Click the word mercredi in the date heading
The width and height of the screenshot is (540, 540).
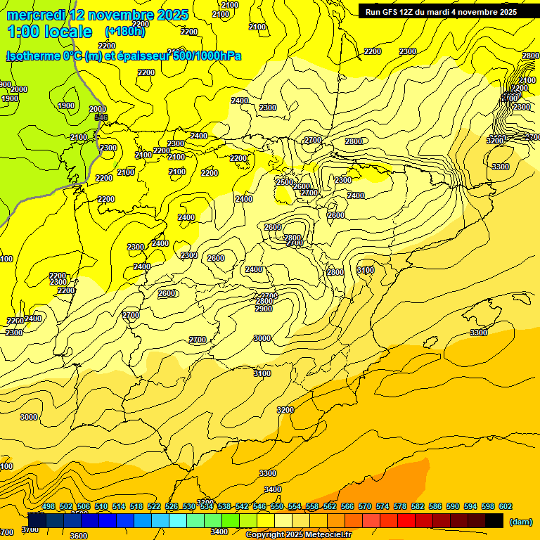coord(37,15)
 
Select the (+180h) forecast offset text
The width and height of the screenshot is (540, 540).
coord(125,32)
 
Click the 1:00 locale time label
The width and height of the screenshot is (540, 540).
coord(49,32)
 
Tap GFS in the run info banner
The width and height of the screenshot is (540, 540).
coord(392,11)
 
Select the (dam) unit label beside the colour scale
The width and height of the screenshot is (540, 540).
coord(520,521)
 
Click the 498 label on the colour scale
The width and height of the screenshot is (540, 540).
coord(49,506)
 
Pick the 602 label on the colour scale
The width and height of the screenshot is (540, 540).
coord(506,506)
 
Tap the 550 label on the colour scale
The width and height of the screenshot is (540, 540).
coord(277,506)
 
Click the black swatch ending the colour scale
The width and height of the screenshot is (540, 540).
coord(494,520)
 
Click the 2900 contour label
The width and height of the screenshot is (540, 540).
coord(264,309)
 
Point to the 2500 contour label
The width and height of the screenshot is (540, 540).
coord(285,182)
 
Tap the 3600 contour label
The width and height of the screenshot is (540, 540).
coord(79,536)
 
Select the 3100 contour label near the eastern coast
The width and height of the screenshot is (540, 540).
coord(366,270)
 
